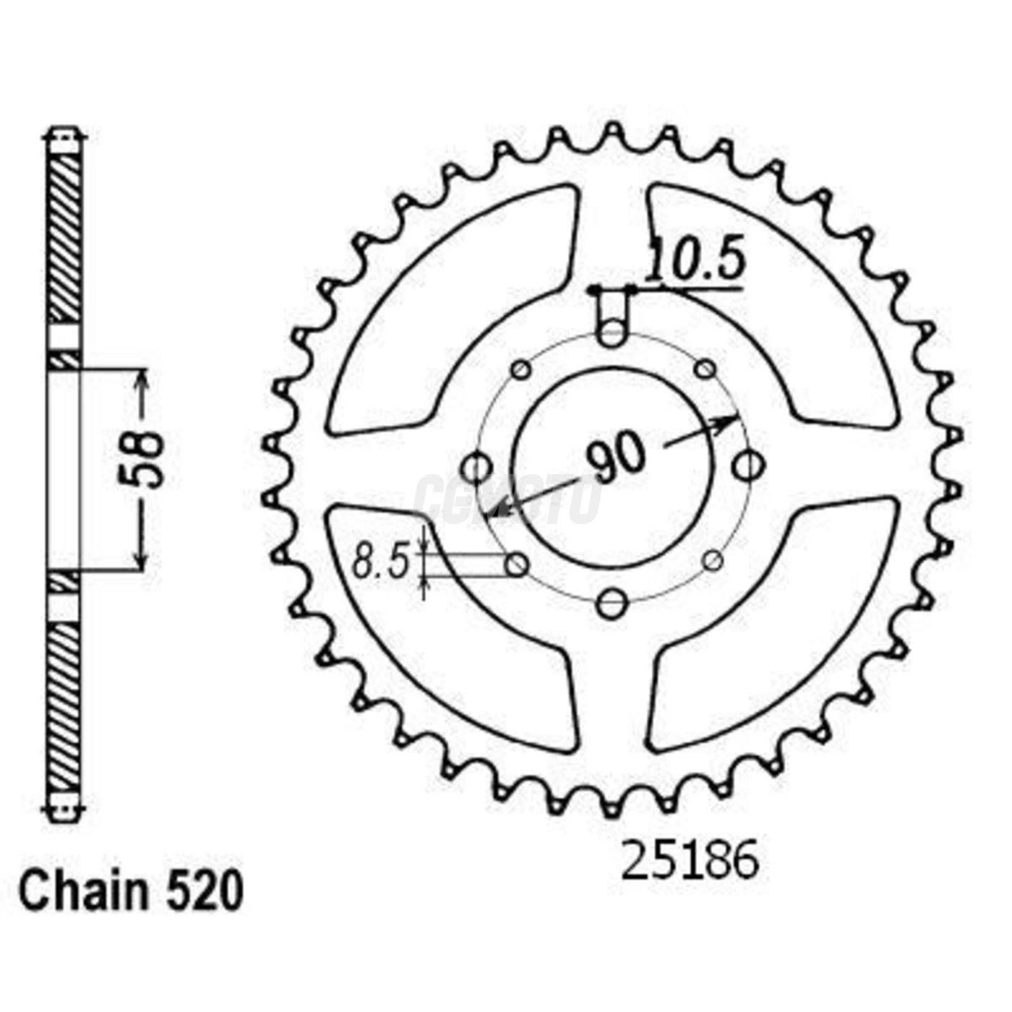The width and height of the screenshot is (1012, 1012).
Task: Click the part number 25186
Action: (690, 860)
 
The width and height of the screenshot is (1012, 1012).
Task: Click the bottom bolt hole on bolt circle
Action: (613, 602)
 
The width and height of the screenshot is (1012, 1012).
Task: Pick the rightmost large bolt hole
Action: (747, 466)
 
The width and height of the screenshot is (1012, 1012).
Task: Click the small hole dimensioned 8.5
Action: (517, 565)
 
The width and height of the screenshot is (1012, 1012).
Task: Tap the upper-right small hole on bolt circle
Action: (705, 370)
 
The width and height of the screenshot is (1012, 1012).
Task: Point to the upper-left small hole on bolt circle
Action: (520, 370)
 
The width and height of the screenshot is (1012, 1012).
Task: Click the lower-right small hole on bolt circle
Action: (712, 560)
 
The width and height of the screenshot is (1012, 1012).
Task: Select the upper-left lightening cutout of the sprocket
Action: (441, 304)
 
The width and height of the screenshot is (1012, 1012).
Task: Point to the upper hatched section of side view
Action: (64, 239)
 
